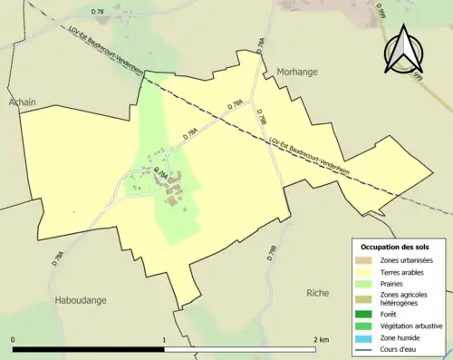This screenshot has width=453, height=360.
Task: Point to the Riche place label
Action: pos(318,293)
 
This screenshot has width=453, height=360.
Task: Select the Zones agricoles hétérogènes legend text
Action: pos(405,298)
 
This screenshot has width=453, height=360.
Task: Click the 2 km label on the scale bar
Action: pos(321,339)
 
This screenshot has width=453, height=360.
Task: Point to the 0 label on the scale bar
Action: pos(14,339)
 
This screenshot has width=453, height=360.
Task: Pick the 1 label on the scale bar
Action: pos(164,339)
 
